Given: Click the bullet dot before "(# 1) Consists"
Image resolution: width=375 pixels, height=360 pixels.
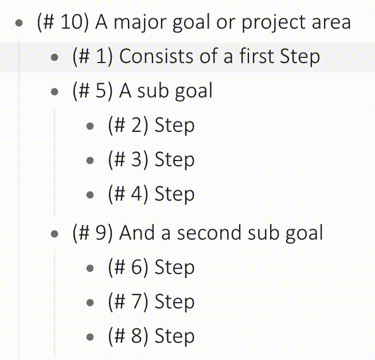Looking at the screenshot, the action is click(x=55, y=57).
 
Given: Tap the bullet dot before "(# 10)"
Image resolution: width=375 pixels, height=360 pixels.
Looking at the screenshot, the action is click(x=20, y=24).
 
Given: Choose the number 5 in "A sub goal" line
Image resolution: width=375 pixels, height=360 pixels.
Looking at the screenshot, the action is click(x=102, y=91).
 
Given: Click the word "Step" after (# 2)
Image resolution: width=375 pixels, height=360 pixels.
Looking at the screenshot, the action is click(x=174, y=126).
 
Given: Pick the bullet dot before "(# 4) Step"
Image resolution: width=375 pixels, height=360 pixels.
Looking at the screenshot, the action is click(x=90, y=195).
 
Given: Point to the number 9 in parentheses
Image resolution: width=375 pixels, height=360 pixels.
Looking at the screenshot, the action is click(x=102, y=233).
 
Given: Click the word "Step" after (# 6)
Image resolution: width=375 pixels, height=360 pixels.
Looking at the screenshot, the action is click(x=174, y=268).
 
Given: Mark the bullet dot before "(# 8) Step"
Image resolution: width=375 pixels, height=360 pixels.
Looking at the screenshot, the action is click(x=90, y=337).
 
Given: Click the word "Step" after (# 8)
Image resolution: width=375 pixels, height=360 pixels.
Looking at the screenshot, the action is click(x=174, y=336).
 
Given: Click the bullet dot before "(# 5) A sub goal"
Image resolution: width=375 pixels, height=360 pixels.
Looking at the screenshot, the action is click(x=55, y=92).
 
